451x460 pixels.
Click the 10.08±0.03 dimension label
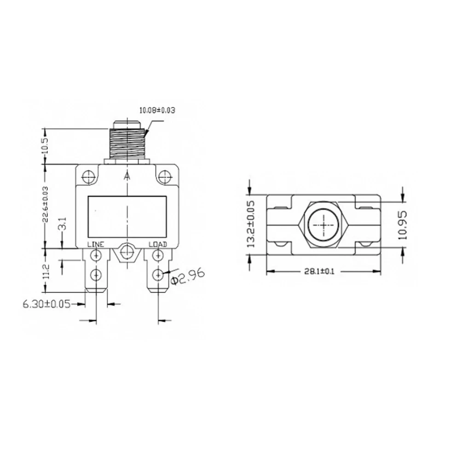(x=157, y=110)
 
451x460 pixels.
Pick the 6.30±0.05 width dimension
(x=46, y=304)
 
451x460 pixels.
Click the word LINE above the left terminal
(x=96, y=244)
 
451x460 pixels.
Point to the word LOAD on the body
(x=157, y=244)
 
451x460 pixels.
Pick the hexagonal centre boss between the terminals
(x=127, y=253)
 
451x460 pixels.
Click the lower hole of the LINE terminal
(x=96, y=275)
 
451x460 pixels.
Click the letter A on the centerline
(x=127, y=177)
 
